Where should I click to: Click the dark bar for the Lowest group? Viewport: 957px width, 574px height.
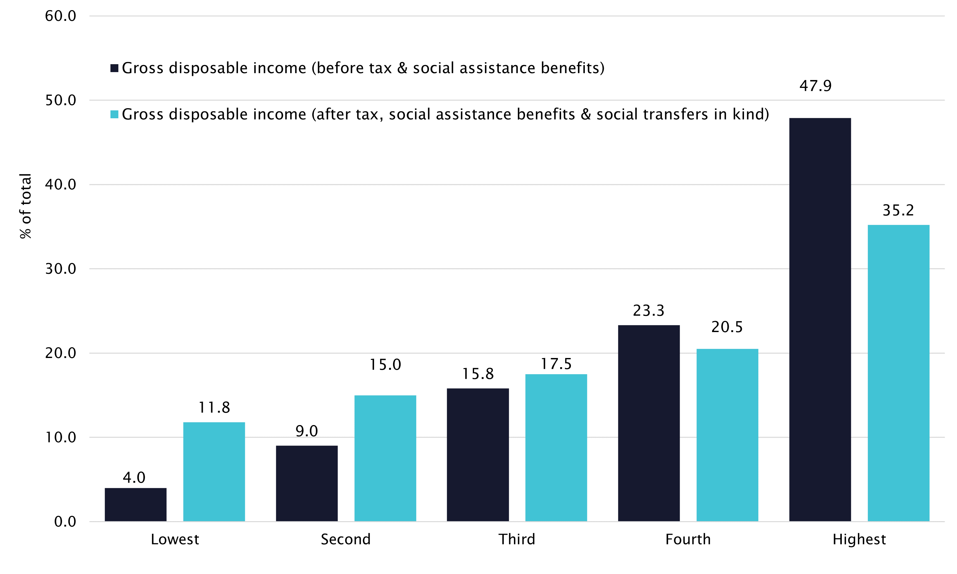pyautogui.click(x=135, y=504)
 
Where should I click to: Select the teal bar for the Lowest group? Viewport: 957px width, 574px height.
pyautogui.click(x=214, y=472)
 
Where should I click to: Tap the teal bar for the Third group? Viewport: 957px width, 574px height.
pyautogui.click(x=556, y=447)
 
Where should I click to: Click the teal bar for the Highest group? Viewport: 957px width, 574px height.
pyautogui.click(x=898, y=373)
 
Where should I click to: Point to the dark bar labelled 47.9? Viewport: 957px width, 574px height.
pyautogui.click(x=820, y=319)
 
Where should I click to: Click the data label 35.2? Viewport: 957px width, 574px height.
pyautogui.click(x=898, y=210)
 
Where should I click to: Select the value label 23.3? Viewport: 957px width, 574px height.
pyautogui.click(x=648, y=311)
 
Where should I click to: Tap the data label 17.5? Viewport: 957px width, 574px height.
pyautogui.click(x=556, y=364)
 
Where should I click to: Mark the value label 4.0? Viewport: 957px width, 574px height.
pyautogui.click(x=134, y=478)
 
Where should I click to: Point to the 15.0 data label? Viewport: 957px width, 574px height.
pyautogui.click(x=385, y=365)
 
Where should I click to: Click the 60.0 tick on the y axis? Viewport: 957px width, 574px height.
pyautogui.click(x=60, y=16)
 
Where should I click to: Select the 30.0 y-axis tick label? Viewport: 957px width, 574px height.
pyautogui.click(x=60, y=269)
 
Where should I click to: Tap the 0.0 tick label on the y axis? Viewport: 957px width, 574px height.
pyautogui.click(x=65, y=522)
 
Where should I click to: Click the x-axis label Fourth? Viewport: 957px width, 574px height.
pyautogui.click(x=688, y=539)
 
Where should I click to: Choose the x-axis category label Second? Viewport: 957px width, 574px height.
pyautogui.click(x=346, y=539)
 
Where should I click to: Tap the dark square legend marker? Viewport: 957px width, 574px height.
pyautogui.click(x=114, y=68)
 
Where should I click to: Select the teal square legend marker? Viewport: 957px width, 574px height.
pyautogui.click(x=114, y=114)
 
